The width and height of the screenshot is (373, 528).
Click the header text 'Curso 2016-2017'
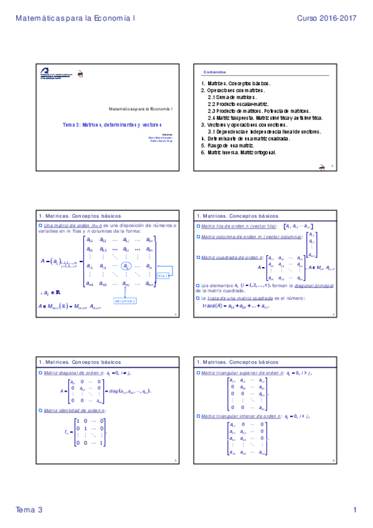326,19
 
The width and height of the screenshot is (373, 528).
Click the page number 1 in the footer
354,510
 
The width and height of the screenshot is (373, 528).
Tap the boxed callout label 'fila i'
163,275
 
